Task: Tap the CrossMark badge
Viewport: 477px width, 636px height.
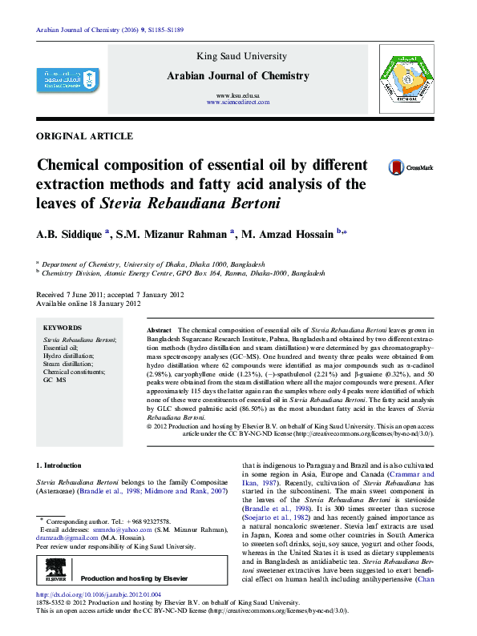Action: (x=410, y=167)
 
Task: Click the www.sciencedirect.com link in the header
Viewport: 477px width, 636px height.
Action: (x=238, y=103)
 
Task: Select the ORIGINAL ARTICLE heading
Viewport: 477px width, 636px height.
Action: (x=85, y=136)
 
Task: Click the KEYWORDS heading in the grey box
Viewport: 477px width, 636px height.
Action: (x=63, y=328)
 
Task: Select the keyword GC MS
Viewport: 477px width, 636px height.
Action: (x=56, y=380)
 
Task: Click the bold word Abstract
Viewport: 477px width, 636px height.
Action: (x=160, y=331)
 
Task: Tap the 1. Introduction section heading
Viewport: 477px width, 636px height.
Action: (x=60, y=465)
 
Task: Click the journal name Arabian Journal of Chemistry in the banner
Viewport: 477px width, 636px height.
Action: (x=237, y=76)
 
